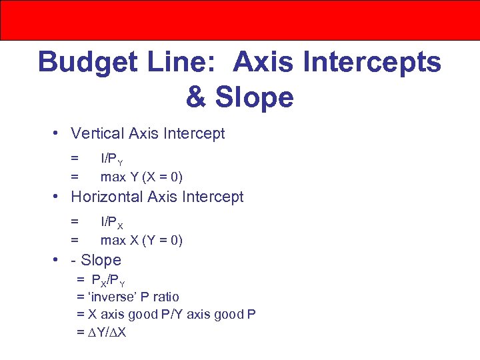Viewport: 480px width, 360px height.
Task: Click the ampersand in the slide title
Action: coord(196,97)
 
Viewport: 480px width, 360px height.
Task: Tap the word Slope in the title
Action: coord(254,97)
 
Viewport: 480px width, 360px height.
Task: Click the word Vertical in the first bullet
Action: coord(97,133)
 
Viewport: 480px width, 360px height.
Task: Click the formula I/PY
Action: coord(111,159)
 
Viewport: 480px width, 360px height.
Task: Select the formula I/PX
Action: coord(111,223)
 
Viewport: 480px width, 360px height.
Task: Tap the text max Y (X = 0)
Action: coord(141,177)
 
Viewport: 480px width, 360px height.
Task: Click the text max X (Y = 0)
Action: coord(141,240)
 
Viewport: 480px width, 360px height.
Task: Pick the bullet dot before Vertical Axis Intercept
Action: coord(59,133)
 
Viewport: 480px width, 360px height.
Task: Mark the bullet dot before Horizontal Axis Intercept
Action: coord(59,197)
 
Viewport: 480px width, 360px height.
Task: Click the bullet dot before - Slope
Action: coord(59,260)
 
